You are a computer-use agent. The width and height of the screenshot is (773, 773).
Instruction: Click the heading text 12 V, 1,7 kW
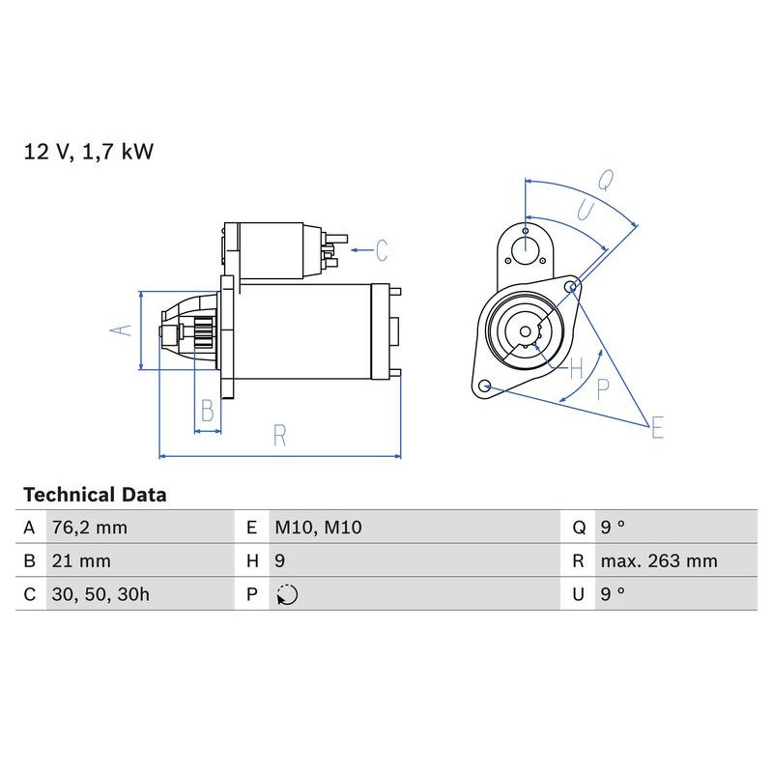[x=88, y=152]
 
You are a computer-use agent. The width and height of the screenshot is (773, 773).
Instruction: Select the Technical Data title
[x=95, y=495]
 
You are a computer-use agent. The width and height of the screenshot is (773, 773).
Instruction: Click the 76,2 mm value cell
[x=89, y=528]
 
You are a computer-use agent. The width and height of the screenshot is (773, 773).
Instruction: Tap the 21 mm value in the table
[x=81, y=561]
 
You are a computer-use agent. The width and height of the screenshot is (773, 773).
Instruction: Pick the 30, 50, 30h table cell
[x=100, y=594]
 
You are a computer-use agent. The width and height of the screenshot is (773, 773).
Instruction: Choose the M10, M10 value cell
[x=318, y=528]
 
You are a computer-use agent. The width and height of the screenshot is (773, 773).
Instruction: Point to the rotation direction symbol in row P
[x=287, y=595]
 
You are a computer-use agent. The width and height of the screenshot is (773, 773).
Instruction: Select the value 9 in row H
[x=280, y=561]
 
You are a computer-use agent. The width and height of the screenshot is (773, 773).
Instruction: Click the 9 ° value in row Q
[x=613, y=528]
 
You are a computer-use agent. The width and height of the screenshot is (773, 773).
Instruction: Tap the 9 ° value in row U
[x=613, y=594]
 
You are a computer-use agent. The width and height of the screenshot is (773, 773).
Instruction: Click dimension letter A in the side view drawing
[x=120, y=329]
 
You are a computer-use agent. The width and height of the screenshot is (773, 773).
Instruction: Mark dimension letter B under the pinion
[x=206, y=411]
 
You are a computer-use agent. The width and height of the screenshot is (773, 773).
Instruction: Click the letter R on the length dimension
[x=279, y=436]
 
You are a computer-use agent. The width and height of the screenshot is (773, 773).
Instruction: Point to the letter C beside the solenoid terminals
[x=381, y=250]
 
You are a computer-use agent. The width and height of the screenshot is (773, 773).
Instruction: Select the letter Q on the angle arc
[x=606, y=180]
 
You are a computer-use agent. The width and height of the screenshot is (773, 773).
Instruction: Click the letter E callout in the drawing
[x=656, y=427]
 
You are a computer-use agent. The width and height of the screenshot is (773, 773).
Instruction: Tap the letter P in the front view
[x=602, y=388]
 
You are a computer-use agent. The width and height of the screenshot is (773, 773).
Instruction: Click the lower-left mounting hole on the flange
[x=486, y=387]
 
